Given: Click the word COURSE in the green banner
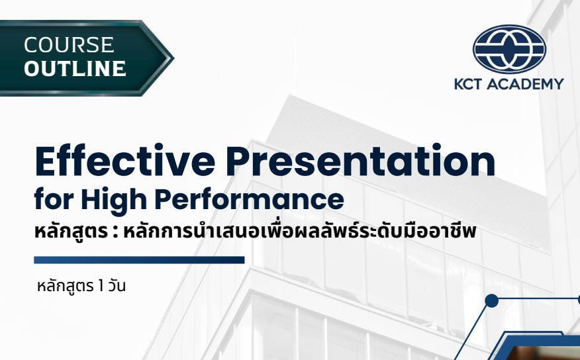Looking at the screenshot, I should pos(69,45).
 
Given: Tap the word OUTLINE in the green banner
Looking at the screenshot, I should pos(75,68).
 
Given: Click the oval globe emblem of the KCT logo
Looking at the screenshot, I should pos(508,50).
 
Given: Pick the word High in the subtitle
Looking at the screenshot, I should pos(123,199).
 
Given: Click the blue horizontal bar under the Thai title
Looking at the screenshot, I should pos(139,260).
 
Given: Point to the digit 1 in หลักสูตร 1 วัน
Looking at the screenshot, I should pos(101,287).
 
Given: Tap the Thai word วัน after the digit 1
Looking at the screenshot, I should pos(116,287).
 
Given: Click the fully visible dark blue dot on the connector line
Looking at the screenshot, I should pos(491,301).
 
